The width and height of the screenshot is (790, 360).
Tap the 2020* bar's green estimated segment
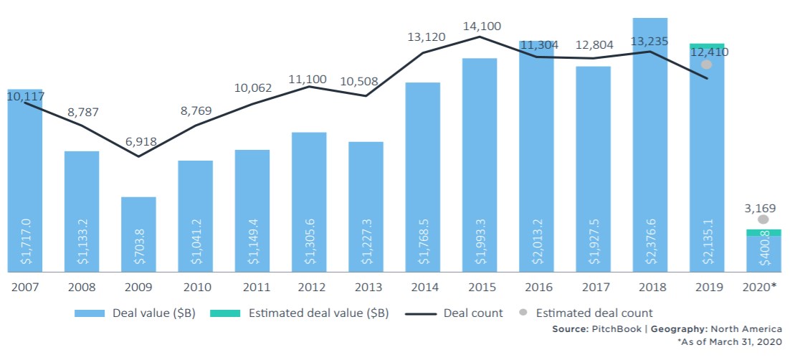pos(763,232)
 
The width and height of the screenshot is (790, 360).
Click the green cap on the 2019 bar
pos(706,45)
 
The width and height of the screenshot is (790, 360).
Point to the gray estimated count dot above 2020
pos(763,219)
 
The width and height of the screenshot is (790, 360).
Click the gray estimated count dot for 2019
pos(707,65)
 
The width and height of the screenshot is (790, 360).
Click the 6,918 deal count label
pos(141,141)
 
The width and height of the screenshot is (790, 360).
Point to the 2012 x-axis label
pos(310,288)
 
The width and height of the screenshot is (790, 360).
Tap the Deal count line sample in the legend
pos(419,313)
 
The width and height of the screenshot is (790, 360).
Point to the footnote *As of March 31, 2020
pos(729,343)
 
